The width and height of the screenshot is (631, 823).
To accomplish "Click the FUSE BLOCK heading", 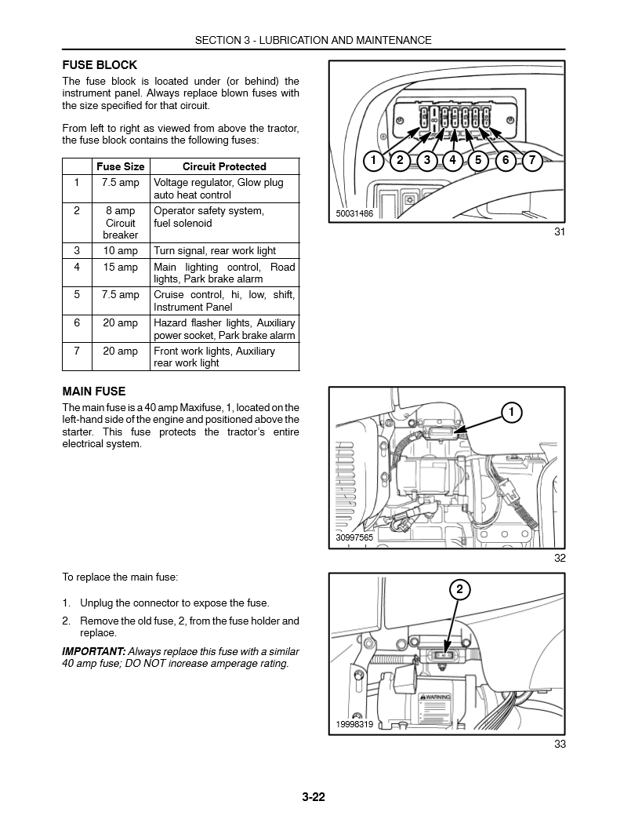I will [x=100, y=65].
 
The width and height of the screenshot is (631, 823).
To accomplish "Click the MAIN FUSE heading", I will [x=94, y=391].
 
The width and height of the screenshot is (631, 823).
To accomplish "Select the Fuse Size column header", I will [x=120, y=166].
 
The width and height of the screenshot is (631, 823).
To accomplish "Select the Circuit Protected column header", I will [x=224, y=166].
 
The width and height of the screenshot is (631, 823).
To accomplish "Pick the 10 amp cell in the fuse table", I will [x=120, y=251].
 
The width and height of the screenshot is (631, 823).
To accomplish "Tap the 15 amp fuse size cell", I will [x=120, y=268].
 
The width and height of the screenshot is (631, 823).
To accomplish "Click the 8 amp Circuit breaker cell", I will [x=120, y=223].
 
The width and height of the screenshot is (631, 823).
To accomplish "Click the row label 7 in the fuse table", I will [x=77, y=351].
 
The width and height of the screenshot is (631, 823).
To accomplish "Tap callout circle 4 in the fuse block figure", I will [x=452, y=161].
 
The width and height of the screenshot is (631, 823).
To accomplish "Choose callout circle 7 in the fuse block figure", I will [x=531, y=161].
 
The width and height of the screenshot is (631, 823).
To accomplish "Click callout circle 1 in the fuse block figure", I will [x=374, y=161].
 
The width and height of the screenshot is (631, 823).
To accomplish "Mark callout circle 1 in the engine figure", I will [x=510, y=413].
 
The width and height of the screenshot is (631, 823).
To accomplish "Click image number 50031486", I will [x=354, y=213].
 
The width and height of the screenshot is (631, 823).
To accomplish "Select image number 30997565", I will [x=354, y=537].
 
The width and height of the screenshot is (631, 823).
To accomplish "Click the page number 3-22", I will [x=313, y=798].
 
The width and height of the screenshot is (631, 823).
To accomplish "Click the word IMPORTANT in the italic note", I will [x=93, y=651].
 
